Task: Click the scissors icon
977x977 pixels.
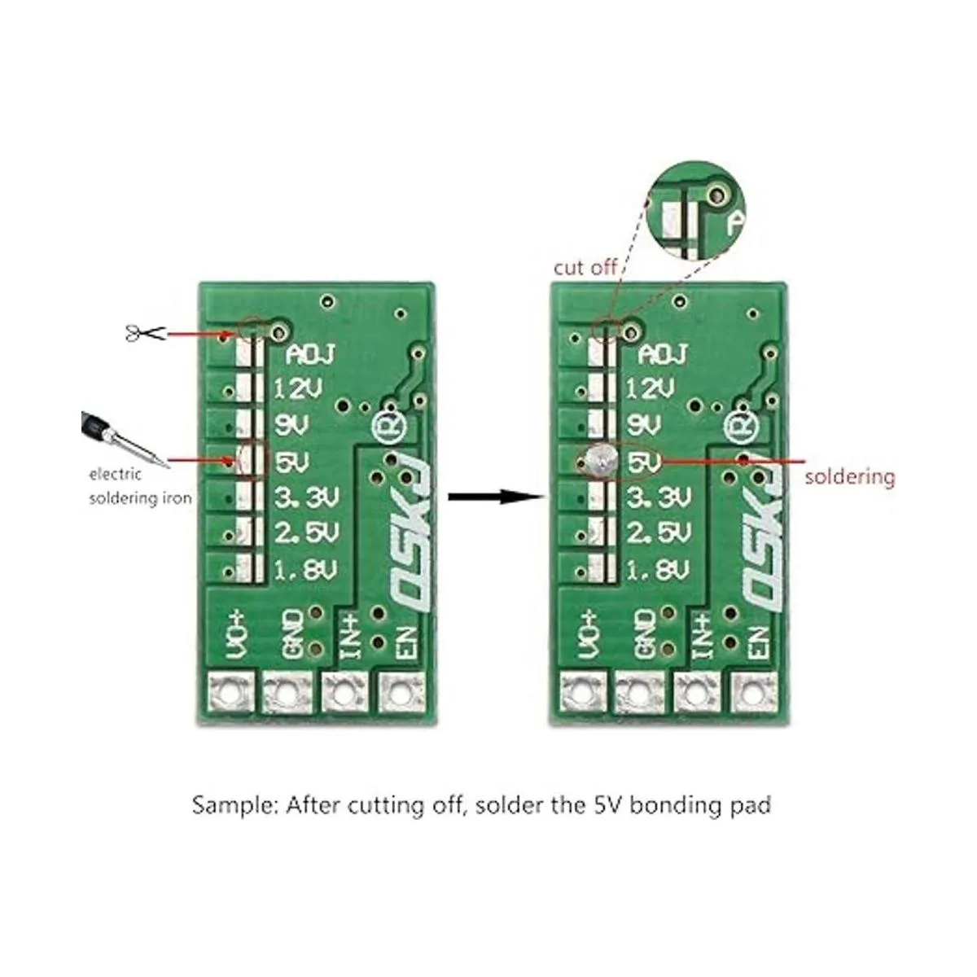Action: pos(145,333)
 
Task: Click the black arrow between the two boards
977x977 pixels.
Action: pos(496,496)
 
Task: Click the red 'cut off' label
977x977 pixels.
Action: pos(585,268)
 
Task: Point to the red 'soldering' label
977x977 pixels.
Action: pos(850,477)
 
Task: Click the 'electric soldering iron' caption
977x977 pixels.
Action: pos(140,486)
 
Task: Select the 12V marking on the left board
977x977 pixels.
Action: pos(299,389)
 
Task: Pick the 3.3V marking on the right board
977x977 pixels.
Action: pos(659,498)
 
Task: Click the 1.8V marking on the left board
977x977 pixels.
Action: pos(306,571)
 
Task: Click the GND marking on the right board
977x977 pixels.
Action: pos(646,633)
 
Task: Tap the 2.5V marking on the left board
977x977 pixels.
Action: pos(306,532)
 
